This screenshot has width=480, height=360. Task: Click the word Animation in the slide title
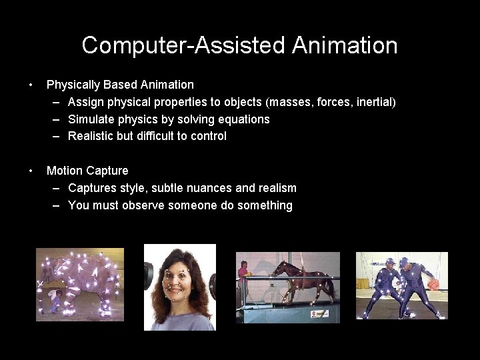pos(345,45)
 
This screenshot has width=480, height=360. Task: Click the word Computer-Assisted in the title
pos(184,45)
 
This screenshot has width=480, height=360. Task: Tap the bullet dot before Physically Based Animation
pos(31,85)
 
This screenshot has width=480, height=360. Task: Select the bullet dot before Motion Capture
pos(31,171)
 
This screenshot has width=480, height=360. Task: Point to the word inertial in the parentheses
pos(374,102)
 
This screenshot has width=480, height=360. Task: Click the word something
pos(265,205)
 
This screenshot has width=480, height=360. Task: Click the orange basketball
pos(433,285)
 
